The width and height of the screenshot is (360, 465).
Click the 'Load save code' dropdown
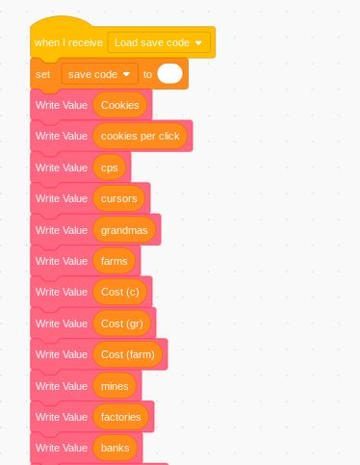click(159, 42)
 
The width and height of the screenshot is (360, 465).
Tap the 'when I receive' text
click(68, 42)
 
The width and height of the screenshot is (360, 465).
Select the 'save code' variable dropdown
click(99, 74)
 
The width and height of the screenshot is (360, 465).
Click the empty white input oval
click(169, 74)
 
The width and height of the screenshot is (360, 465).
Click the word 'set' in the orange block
click(42, 74)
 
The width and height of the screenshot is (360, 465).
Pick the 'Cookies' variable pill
click(120, 105)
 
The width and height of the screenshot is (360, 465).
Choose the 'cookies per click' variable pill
click(141, 136)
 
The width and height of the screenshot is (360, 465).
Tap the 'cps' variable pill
click(109, 168)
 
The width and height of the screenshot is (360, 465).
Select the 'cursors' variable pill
click(119, 198)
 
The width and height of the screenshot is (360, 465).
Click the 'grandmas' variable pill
click(124, 229)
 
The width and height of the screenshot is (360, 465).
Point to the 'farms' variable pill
click(115, 261)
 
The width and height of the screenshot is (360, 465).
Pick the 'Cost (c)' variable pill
click(120, 292)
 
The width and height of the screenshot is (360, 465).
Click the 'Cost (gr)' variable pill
click(122, 323)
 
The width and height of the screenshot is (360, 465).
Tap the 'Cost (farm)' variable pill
click(128, 354)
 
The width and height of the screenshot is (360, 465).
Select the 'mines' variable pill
click(115, 386)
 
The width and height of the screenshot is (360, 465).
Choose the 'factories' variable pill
click(121, 417)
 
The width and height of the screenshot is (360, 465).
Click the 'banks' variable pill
click(115, 448)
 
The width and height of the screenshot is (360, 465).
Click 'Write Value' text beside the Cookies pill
click(62, 105)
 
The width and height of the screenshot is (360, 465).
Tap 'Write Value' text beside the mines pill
click(62, 386)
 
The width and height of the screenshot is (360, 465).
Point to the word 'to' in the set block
click(148, 74)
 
